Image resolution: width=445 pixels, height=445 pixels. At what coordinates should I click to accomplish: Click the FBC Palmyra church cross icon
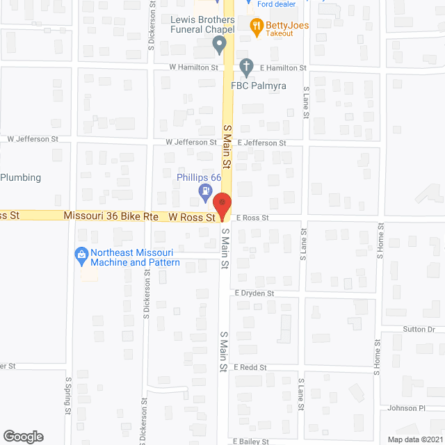245,67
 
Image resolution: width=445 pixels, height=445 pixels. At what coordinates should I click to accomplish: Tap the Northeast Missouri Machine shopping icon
81,256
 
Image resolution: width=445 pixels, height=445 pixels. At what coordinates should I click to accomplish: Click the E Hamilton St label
283,67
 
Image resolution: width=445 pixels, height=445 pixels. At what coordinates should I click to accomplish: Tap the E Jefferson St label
261,143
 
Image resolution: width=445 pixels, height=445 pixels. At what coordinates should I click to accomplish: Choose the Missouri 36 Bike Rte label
111,216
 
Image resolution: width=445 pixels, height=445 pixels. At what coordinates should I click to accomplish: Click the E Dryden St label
254,293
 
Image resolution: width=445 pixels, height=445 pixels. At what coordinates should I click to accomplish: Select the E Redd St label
250,366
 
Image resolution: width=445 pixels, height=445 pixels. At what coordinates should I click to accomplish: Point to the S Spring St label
68,396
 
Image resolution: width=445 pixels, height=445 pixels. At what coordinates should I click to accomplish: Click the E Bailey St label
251,441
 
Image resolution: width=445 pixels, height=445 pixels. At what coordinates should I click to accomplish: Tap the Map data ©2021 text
415,439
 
